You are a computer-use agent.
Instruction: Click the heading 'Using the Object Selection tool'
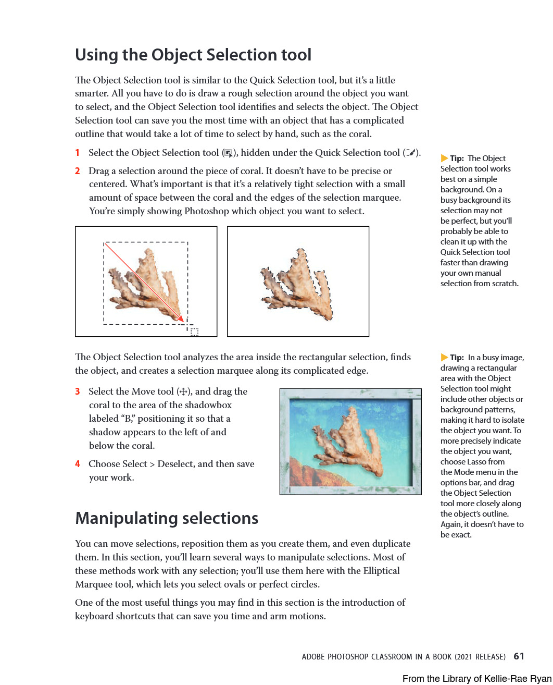point(193,55)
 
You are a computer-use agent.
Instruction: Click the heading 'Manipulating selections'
point(167,518)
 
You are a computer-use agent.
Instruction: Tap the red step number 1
point(77,153)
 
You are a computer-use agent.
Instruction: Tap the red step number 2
point(77,171)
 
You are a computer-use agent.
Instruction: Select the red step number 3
point(77,392)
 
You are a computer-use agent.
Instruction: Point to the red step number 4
point(77,464)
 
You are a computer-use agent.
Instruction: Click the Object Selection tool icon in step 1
point(228,153)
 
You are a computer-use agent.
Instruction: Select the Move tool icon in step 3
point(183,392)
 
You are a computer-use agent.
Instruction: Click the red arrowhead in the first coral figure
point(181,319)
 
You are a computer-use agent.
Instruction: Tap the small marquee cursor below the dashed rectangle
point(194,332)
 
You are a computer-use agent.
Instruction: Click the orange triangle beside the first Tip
point(444,158)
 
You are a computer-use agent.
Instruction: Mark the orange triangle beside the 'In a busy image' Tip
point(444,358)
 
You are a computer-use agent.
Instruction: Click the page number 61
point(519,656)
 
